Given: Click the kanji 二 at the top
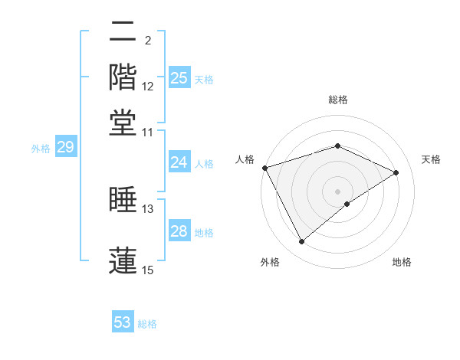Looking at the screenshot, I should pyautogui.click(x=123, y=33).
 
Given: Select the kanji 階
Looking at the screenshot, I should pyautogui.click(x=123, y=77).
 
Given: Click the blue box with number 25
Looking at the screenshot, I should pyautogui.click(x=179, y=77).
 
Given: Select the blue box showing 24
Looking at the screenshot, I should pyautogui.click(x=179, y=162).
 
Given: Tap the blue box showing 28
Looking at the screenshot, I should pyautogui.click(x=179, y=231).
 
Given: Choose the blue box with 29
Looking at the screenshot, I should pyautogui.click(x=64, y=148).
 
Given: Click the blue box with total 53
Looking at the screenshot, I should pyautogui.click(x=123, y=322).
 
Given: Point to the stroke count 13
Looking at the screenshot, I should pyautogui.click(x=148, y=208).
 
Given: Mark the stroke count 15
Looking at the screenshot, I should pyautogui.click(x=148, y=269).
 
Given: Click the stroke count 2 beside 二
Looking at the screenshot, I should pyautogui.click(x=148, y=40).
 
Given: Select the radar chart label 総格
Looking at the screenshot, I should pyautogui.click(x=337, y=100).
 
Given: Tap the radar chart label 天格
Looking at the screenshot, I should pyautogui.click(x=431, y=159).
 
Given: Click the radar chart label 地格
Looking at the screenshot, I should pyautogui.click(x=402, y=263).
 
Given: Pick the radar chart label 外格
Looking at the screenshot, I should pyautogui.click(x=270, y=263).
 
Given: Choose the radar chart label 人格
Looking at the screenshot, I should pyautogui.click(x=245, y=159).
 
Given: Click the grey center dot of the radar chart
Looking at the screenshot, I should pyautogui.click(x=337, y=191).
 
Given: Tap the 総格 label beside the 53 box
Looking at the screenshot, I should pyautogui.click(x=147, y=324).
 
